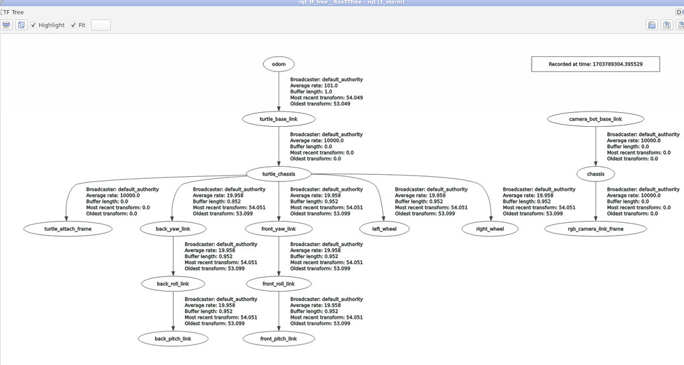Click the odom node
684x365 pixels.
click(279, 64)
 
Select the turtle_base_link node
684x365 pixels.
click(279, 119)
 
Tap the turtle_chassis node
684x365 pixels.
click(279, 174)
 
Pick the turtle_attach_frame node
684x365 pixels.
click(67, 229)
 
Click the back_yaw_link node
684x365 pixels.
click(173, 229)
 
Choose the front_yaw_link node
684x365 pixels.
click(279, 229)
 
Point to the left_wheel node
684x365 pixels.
click(384, 229)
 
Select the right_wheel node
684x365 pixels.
click(490, 229)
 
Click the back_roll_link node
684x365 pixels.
click(173, 284)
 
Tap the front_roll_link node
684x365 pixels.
click(279, 284)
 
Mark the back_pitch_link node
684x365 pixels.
click(173, 339)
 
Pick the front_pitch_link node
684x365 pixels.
click(279, 339)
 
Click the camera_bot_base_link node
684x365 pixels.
click(595, 119)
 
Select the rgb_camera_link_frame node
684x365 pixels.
click(595, 229)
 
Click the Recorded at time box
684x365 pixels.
click(595, 64)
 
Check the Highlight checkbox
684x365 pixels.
click(33, 25)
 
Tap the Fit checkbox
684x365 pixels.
click(73, 25)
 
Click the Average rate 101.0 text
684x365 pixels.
click(314, 85)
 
